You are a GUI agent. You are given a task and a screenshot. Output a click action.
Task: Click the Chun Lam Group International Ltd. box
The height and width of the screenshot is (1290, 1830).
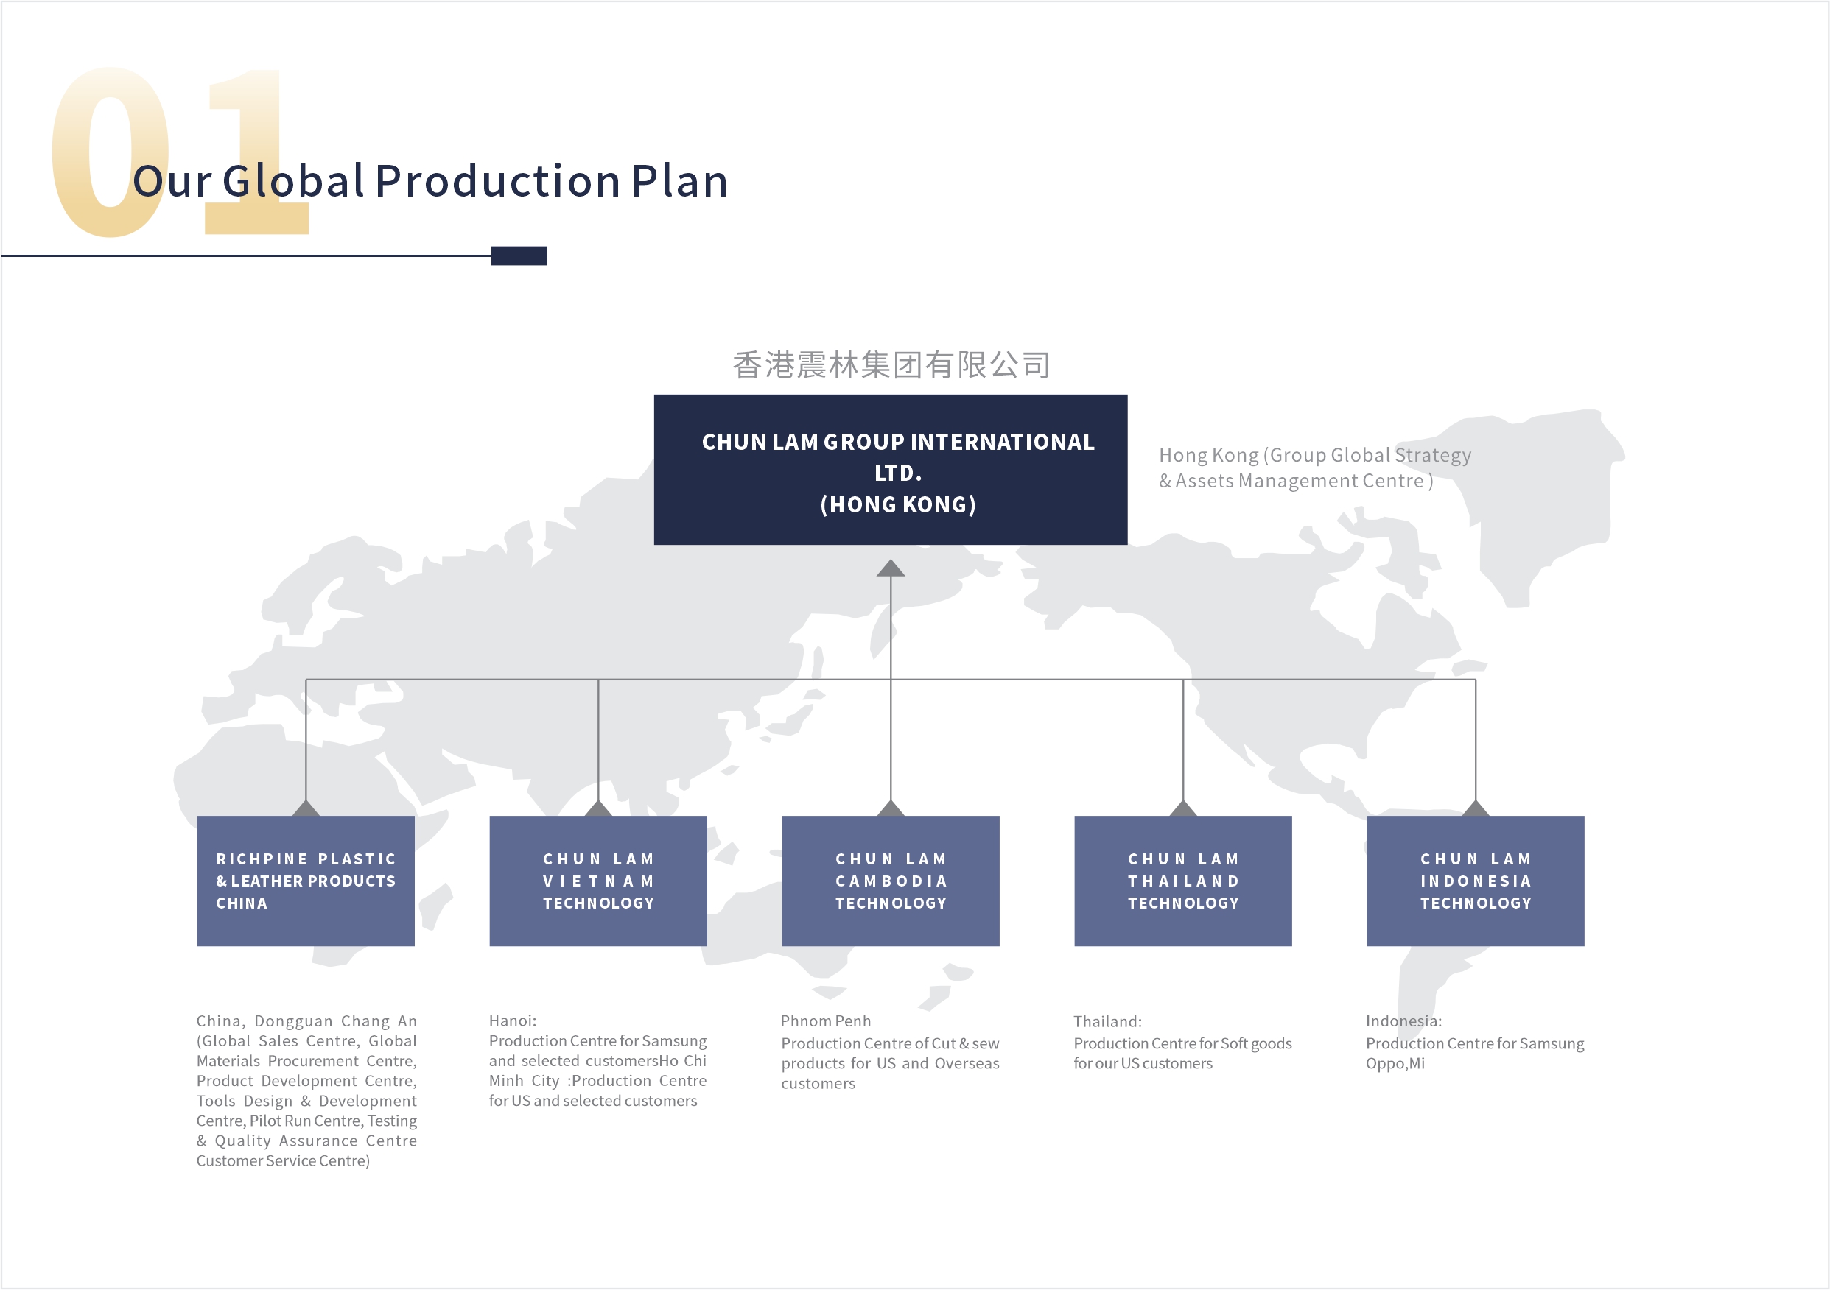tap(890, 469)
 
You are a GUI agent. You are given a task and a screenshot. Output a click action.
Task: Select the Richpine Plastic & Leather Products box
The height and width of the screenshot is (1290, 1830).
tap(306, 881)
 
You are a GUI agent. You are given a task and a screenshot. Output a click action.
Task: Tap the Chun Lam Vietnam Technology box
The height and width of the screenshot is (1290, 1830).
tap(597, 881)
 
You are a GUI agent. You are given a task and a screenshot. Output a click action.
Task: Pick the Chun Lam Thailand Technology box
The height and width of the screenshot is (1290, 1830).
tap(1183, 881)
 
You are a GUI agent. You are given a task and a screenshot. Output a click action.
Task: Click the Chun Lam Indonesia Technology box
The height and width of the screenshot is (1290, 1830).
tap(1476, 881)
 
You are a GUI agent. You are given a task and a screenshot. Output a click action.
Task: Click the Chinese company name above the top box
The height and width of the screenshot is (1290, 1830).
tap(891, 365)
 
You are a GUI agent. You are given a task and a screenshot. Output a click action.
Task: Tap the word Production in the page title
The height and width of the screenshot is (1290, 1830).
tap(498, 181)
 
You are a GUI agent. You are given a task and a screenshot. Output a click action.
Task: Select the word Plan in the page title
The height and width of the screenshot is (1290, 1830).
tap(680, 181)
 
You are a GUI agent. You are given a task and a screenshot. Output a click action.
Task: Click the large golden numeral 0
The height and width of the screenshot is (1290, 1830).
tap(110, 152)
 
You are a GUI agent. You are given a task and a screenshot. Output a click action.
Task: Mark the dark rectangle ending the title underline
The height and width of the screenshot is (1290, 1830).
tap(519, 255)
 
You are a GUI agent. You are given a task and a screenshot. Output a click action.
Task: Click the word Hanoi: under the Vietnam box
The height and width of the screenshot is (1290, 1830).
tap(513, 1021)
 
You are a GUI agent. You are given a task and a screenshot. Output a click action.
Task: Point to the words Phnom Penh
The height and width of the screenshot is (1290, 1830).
tap(826, 1021)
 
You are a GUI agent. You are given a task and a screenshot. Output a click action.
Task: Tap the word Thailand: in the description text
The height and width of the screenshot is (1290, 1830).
tap(1107, 1021)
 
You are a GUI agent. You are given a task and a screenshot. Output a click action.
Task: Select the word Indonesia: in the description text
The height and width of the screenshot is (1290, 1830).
tap(1403, 1021)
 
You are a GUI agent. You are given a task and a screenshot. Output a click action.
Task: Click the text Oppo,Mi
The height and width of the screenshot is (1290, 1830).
tap(1395, 1064)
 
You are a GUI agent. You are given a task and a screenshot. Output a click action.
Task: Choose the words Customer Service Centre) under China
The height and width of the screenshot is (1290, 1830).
tap(283, 1161)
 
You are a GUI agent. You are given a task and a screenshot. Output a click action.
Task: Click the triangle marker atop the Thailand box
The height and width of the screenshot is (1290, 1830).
tap(1183, 808)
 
